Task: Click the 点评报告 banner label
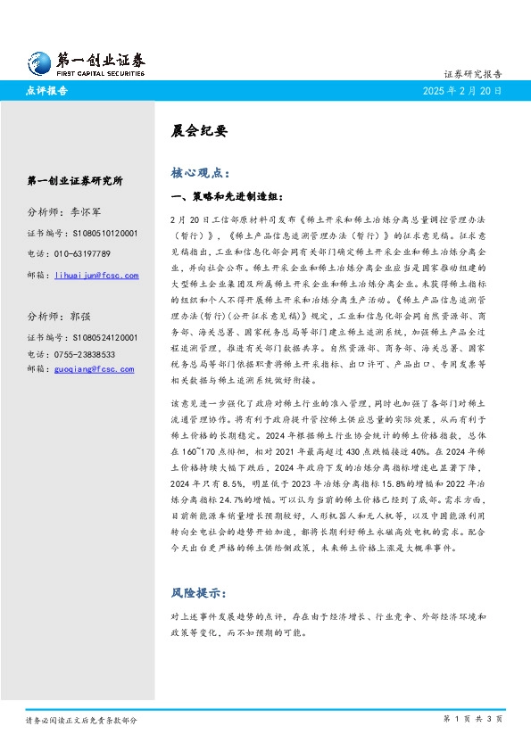pos(47,91)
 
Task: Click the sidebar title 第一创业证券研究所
pos(75,180)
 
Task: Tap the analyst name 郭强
pos(80,316)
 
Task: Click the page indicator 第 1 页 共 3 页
pos(473,718)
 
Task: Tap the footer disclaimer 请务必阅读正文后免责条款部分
pos(81,719)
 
